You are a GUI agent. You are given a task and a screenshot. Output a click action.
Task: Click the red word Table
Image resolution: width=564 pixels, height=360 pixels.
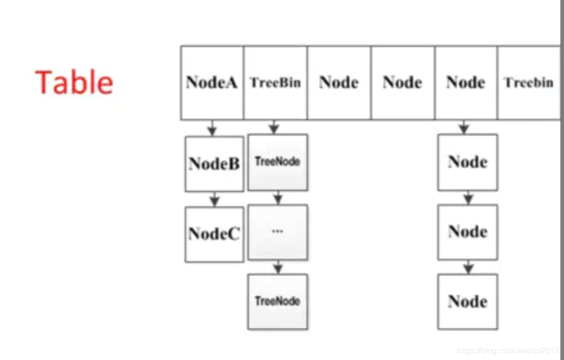click(x=74, y=82)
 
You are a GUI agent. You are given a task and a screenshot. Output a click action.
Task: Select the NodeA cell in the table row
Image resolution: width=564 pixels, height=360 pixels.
click(x=212, y=82)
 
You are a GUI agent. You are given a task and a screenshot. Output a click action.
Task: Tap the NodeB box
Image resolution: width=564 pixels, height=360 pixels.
click(x=214, y=163)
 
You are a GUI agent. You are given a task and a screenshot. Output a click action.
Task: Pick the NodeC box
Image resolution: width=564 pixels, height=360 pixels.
click(x=214, y=234)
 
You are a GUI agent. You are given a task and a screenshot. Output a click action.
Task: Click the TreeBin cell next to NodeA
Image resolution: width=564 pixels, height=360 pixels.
click(x=275, y=82)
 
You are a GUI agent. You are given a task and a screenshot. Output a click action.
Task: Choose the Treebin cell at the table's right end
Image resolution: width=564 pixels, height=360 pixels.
click(x=528, y=82)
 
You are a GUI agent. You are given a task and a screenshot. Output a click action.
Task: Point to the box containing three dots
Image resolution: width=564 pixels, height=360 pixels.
click(x=278, y=232)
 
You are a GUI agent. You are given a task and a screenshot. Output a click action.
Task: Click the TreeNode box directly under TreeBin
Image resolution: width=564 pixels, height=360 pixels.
click(x=278, y=162)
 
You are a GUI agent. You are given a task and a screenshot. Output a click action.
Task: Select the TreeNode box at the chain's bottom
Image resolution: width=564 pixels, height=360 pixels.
click(x=278, y=301)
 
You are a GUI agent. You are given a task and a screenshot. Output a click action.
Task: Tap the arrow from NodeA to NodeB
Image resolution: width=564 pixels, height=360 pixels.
click(x=212, y=128)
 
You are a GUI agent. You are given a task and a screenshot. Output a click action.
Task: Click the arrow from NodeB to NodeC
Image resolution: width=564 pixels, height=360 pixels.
click(x=215, y=199)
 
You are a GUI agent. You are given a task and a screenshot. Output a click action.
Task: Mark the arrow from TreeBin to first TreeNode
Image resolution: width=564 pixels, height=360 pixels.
click(x=274, y=127)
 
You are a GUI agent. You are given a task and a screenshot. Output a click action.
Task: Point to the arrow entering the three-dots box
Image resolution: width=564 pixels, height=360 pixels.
click(x=278, y=198)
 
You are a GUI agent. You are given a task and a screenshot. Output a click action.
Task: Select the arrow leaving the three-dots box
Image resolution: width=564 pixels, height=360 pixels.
click(x=278, y=267)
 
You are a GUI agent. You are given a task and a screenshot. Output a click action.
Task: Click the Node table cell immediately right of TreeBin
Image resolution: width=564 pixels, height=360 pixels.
click(x=339, y=82)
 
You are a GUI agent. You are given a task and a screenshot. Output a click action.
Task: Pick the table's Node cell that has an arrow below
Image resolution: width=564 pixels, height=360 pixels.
click(x=466, y=82)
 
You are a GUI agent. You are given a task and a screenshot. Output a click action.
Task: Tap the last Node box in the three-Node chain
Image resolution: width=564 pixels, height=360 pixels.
click(x=468, y=301)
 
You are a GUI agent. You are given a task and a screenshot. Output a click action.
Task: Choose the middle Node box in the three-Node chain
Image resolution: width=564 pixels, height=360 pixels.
click(x=468, y=232)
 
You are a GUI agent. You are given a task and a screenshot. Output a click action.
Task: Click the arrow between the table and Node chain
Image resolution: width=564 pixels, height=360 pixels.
click(x=464, y=127)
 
